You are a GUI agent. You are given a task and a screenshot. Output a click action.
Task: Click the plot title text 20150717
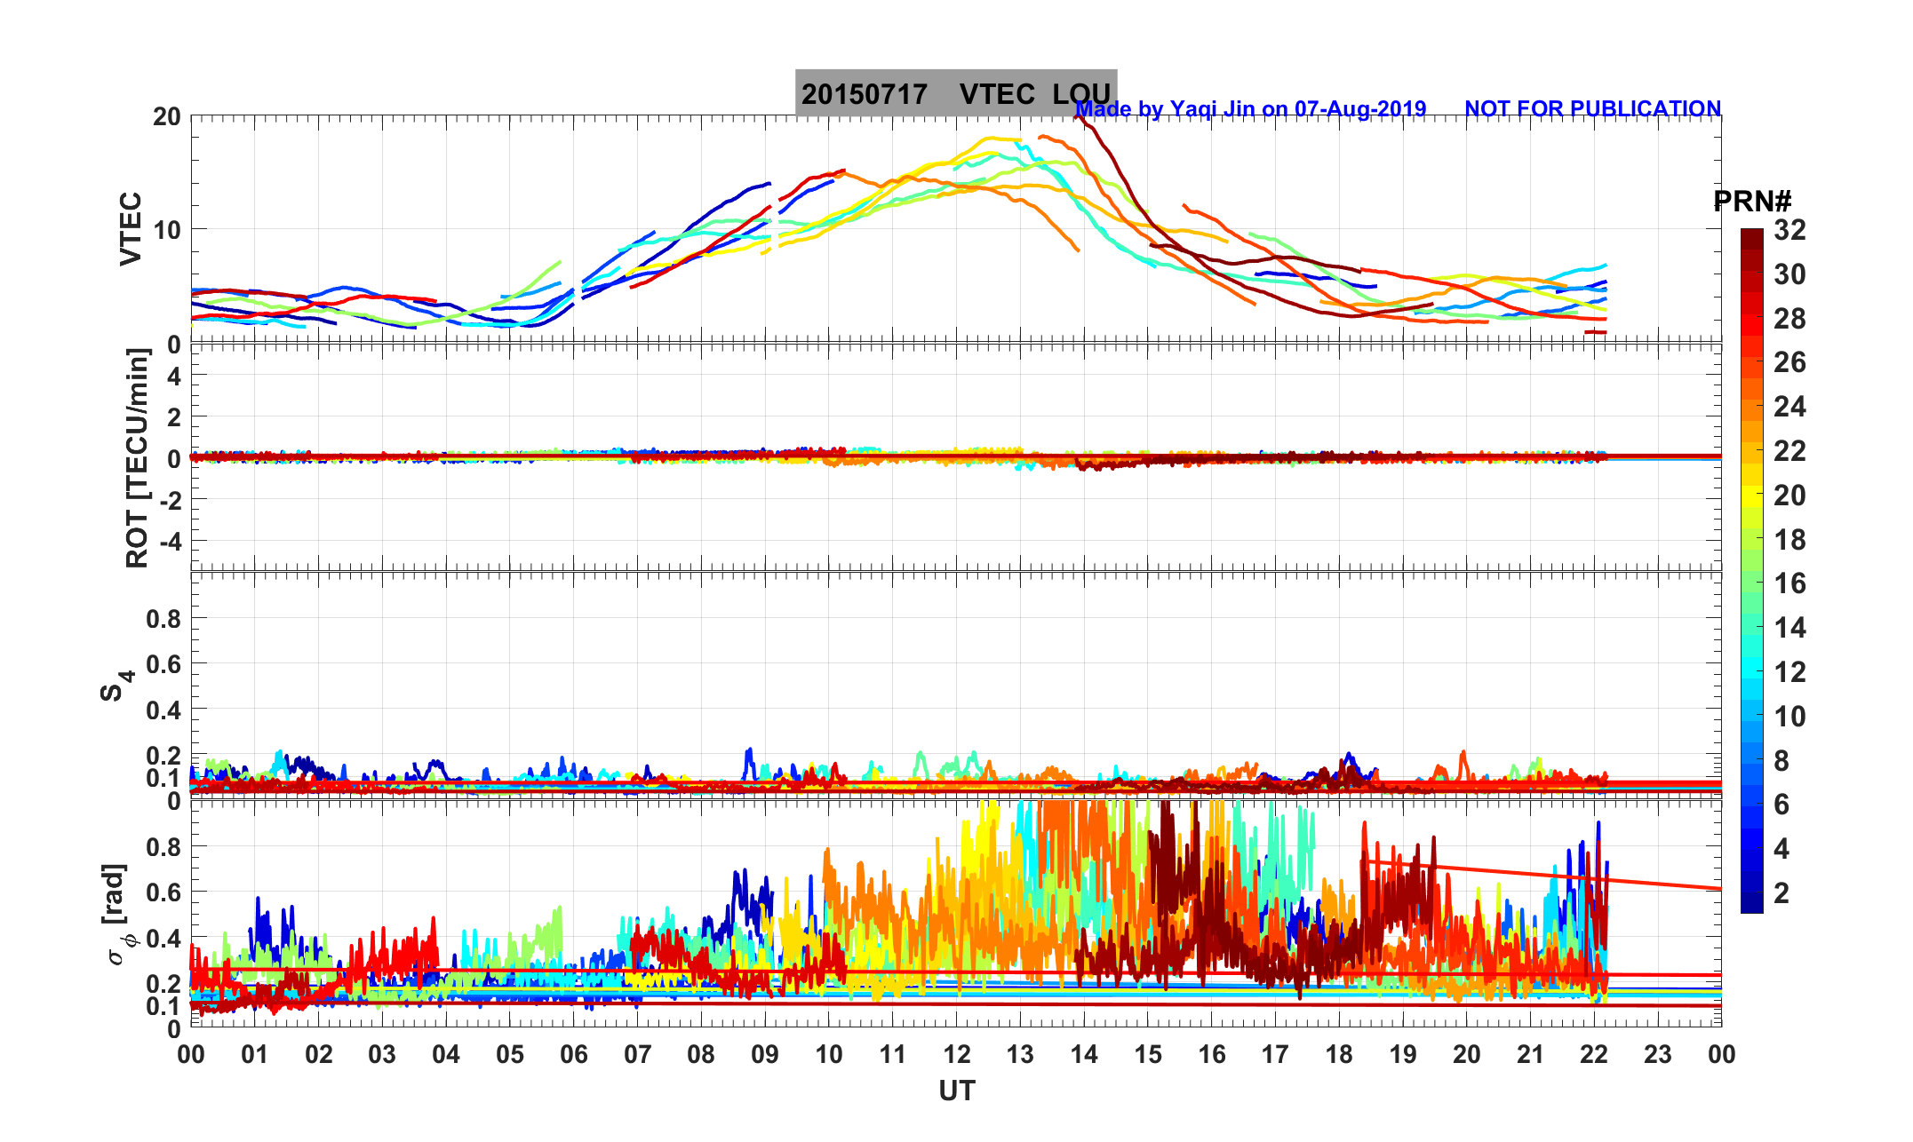click(864, 94)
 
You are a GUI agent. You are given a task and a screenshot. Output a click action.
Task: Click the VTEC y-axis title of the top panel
click(132, 229)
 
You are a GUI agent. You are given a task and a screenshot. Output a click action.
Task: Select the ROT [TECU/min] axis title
click(138, 458)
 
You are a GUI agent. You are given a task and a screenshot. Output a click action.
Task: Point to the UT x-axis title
click(957, 1090)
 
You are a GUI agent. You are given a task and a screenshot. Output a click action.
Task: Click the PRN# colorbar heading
click(1752, 202)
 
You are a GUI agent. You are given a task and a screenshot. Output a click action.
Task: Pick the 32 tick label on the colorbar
click(1789, 231)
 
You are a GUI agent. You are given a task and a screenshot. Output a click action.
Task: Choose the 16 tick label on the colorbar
click(1789, 583)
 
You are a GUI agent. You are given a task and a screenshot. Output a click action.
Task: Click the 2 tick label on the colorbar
click(1781, 892)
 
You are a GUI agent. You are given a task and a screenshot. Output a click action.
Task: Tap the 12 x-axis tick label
click(957, 1054)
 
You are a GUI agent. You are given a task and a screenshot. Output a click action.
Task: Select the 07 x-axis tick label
click(637, 1054)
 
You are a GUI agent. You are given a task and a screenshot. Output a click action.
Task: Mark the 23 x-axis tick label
click(1658, 1054)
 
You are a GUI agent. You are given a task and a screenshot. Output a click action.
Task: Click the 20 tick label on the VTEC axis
click(166, 117)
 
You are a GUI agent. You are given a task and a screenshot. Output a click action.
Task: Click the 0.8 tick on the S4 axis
click(163, 619)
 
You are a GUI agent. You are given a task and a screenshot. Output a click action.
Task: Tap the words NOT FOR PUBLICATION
click(1592, 109)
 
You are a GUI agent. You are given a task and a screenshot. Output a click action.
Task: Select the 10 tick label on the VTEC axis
click(166, 230)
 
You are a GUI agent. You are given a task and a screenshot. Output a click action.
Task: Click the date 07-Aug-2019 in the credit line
click(1359, 109)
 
